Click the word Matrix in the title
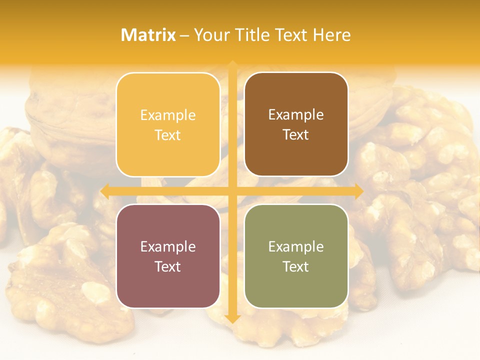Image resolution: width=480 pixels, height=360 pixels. click(148, 35)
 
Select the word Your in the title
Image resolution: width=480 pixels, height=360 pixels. click(210, 35)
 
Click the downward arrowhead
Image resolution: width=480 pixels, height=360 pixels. click(232, 318)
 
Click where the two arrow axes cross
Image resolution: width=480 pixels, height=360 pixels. click(232, 191)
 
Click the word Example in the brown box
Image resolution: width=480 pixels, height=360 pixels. click(296, 115)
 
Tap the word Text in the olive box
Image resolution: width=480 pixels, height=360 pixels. click(296, 266)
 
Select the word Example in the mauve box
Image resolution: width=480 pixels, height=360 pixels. click(168, 246)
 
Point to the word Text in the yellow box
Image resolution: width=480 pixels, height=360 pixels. click(168, 135)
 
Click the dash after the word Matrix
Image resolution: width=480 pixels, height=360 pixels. click(184, 35)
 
